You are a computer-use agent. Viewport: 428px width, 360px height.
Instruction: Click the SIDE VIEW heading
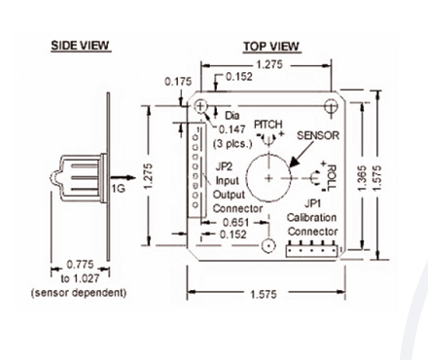81,46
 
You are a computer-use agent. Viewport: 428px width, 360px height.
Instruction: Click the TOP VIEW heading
271,47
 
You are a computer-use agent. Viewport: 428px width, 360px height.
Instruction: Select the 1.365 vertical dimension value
363,178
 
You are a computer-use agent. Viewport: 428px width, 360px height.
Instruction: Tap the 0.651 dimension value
235,223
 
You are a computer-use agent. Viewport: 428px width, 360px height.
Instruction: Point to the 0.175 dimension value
178,82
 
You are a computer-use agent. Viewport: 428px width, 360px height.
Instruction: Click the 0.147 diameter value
232,129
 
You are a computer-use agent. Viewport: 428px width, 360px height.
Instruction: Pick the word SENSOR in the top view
318,135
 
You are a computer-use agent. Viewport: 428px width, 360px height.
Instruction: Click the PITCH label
268,125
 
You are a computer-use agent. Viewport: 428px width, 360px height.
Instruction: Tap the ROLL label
332,178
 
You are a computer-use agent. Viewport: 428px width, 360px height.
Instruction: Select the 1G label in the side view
119,188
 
